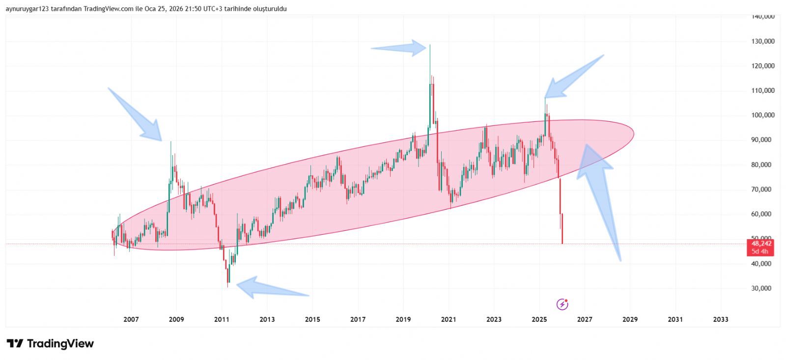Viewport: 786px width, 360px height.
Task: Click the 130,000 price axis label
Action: click(762, 41)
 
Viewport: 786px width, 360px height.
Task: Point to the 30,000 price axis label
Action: click(761, 288)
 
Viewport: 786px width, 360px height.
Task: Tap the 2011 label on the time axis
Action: click(222, 319)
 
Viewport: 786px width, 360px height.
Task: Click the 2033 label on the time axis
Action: click(720, 319)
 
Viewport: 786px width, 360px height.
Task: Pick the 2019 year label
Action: click(403, 319)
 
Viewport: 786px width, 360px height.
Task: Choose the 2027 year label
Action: click(584, 319)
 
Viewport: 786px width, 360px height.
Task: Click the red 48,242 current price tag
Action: click(760, 244)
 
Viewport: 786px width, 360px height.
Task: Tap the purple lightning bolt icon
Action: click(562, 305)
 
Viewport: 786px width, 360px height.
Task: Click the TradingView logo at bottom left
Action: click(50, 343)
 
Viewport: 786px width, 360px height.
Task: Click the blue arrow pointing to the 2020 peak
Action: click(400, 48)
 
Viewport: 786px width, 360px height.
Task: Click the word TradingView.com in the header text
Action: click(108, 9)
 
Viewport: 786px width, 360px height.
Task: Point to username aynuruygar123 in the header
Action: click(27, 9)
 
